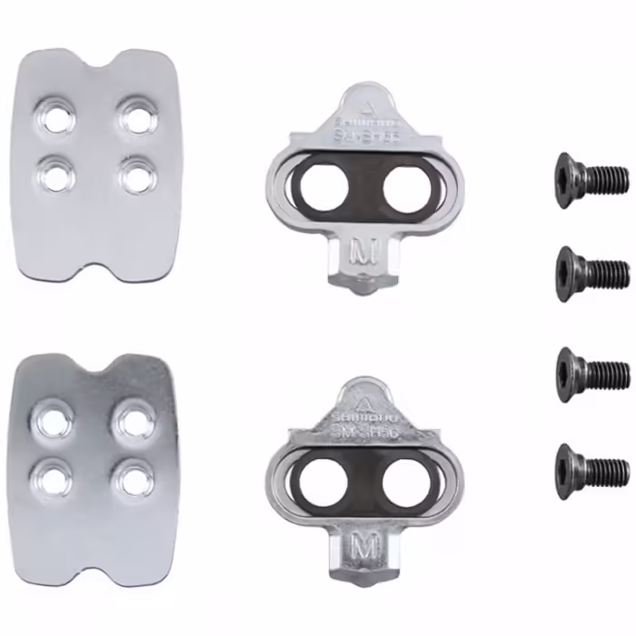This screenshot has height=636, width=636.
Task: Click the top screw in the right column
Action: point(591,180)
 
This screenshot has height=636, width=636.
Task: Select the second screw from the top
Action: point(591,270)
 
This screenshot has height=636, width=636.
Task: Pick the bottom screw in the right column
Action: point(591,469)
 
